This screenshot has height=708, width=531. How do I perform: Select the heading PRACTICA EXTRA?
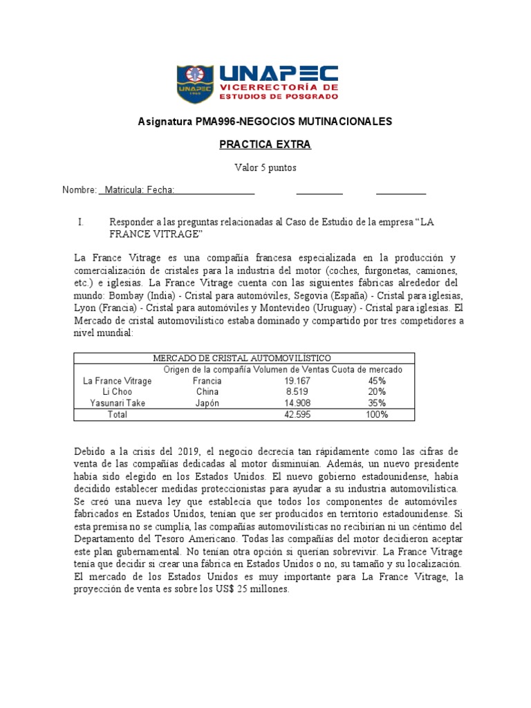pos(265,145)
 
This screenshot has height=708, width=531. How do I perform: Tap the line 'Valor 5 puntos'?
pos(265,167)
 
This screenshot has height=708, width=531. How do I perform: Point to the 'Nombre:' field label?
pos(79,190)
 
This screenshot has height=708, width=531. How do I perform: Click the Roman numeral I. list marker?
pos(81,222)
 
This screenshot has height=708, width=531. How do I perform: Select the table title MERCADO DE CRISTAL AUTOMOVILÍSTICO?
pos(241,357)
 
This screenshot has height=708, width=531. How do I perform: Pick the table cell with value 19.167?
pos(297,380)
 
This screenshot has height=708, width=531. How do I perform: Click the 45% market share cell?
pos(377,380)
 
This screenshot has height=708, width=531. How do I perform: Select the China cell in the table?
pos(207,391)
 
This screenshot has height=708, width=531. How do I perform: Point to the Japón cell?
pos(207,403)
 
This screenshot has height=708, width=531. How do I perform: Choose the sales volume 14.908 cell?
pos(297,403)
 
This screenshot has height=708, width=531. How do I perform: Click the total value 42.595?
pos(297,415)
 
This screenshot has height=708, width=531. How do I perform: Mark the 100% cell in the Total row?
pos(377,415)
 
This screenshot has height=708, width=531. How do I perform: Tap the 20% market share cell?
pos(377,391)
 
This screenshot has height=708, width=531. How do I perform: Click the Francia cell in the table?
pos(207,380)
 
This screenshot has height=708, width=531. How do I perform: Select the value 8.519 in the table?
pos(297,391)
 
